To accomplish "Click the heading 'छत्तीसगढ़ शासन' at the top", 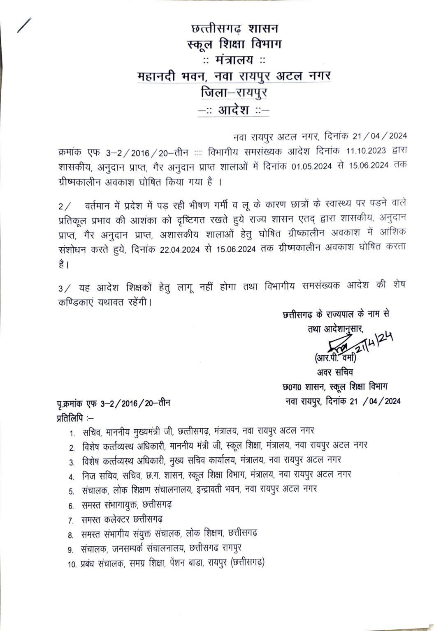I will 234,29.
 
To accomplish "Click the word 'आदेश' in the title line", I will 234,110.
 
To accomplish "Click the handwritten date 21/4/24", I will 373,343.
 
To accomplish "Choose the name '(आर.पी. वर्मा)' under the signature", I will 335,358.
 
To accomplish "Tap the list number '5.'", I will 72,491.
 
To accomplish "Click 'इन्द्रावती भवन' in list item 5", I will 217,489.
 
